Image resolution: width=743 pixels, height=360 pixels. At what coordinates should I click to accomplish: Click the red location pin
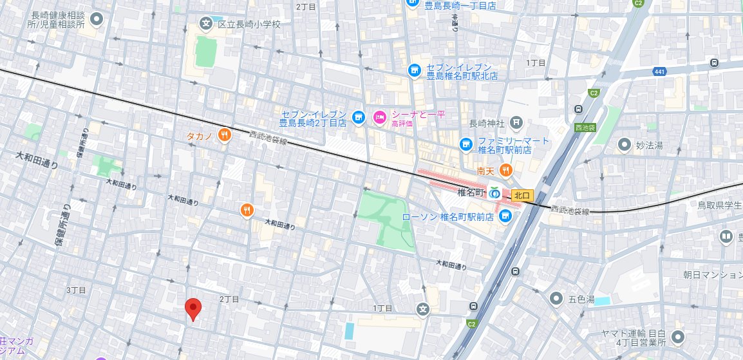click(193, 308)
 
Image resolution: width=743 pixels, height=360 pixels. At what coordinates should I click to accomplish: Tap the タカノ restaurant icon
click(224, 135)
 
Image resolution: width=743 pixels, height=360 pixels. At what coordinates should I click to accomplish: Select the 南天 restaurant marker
click(506, 171)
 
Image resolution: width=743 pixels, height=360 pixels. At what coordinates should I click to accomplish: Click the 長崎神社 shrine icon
click(516, 122)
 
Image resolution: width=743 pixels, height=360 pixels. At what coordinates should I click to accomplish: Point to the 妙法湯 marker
click(623, 145)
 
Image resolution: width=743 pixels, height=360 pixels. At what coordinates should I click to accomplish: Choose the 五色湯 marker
click(556, 299)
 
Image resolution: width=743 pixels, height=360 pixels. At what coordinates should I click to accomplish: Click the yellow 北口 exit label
click(522, 194)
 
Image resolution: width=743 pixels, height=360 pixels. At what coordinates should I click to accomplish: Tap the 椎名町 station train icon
click(494, 193)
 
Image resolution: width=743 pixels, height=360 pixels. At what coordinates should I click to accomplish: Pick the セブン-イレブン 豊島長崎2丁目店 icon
click(359, 117)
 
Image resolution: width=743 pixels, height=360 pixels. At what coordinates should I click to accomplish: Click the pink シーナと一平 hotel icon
click(379, 117)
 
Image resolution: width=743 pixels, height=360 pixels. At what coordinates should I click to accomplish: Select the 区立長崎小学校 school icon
click(206, 24)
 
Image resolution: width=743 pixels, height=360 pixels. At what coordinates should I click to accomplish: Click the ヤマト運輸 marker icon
click(677, 337)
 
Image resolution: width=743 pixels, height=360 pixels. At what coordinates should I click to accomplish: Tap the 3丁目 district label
click(76, 290)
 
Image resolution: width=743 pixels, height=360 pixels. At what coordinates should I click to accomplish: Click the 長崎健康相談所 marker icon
click(97, 19)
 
